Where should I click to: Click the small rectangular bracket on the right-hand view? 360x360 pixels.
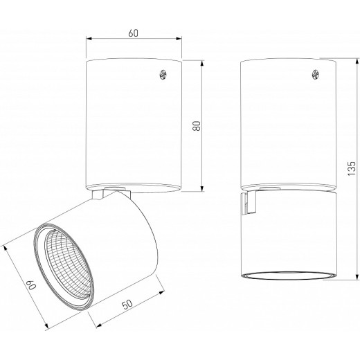pos(244,204)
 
